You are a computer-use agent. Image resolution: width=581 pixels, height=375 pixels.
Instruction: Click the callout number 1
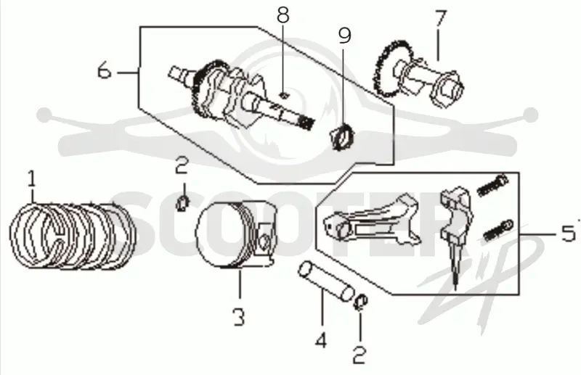pos(32,179)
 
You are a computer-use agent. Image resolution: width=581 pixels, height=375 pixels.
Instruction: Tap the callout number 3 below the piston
pos(239,317)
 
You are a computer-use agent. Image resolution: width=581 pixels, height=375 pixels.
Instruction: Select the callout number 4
pos(321,340)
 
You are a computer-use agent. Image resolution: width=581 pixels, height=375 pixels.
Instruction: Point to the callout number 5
pos(568,234)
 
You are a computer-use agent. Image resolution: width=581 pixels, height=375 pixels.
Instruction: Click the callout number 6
pos(104,70)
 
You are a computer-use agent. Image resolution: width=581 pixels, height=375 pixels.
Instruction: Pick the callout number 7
pos(441,19)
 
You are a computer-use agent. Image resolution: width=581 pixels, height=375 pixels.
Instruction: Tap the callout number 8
pos(283,15)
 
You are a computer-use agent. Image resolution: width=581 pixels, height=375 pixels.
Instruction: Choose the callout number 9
pos(344,36)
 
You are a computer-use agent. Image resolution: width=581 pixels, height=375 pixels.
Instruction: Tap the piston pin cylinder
pos(325,281)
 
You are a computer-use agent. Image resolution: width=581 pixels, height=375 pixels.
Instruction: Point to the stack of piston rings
pos(73,236)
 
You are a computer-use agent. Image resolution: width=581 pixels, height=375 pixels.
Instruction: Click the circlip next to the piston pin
pos(360,302)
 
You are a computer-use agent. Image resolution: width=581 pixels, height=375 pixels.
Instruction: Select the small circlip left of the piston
pos(182,203)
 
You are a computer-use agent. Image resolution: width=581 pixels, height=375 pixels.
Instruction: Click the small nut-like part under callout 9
pos(341,136)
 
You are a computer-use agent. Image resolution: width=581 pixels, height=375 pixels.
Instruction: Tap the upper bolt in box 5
pos(492,186)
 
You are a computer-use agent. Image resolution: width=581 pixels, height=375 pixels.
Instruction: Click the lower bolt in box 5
pos(498,230)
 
